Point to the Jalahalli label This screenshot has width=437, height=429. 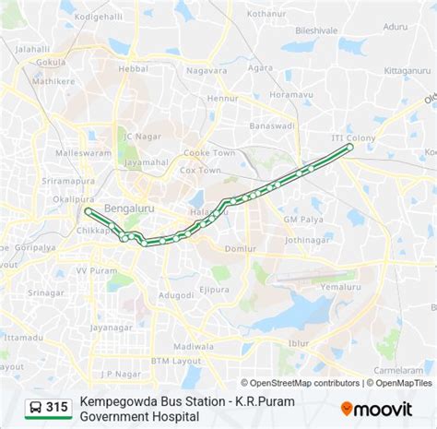(x=32, y=48)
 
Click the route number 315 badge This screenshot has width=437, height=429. (x=57, y=407)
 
